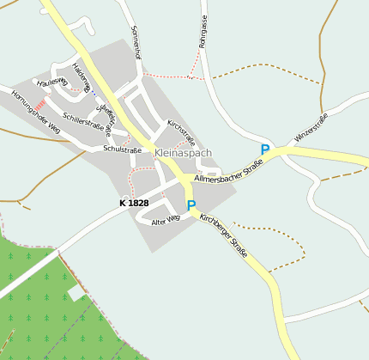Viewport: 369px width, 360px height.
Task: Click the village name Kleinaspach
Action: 183,153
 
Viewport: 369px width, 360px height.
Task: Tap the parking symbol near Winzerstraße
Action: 265,149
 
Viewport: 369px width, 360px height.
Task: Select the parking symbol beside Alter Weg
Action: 191,205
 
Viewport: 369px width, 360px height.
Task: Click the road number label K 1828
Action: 134,204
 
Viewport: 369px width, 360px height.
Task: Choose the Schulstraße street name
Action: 122,149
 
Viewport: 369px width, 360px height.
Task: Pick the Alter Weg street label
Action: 165,220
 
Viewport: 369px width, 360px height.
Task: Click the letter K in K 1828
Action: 123,204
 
